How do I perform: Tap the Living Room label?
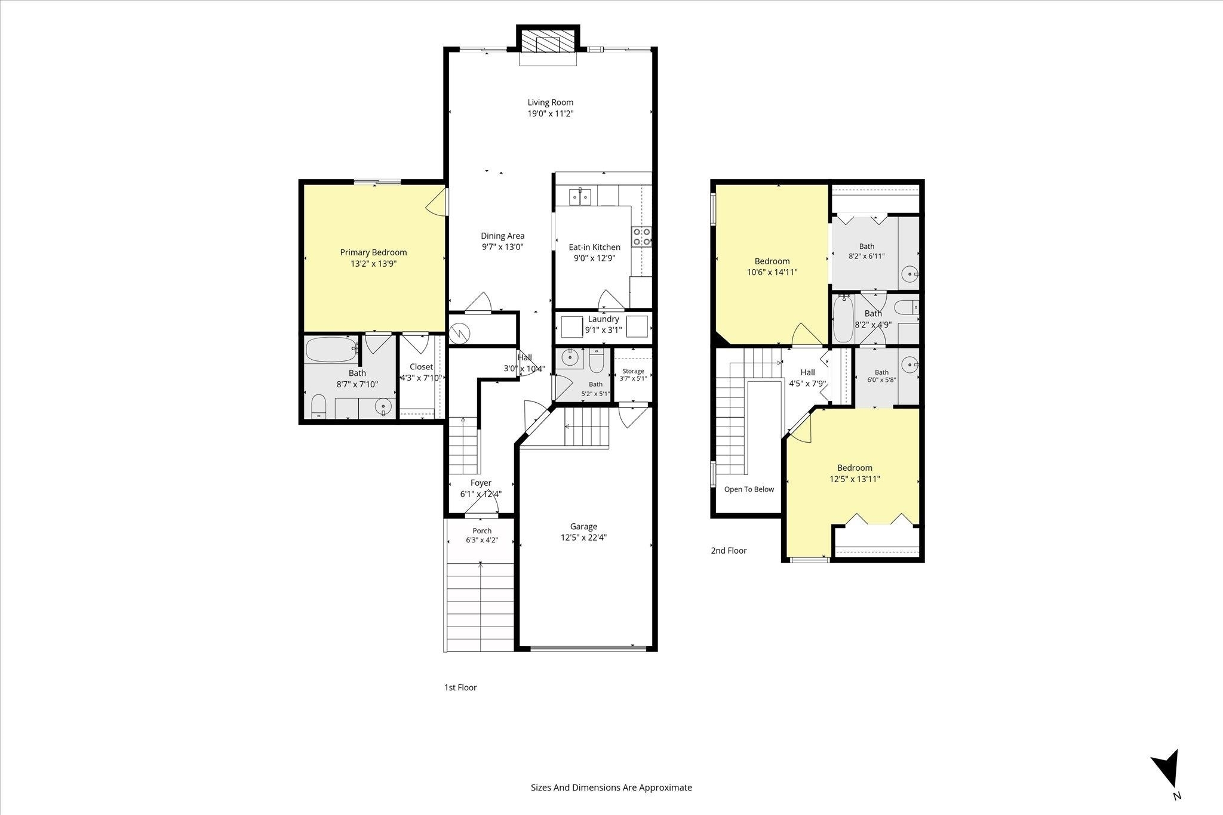550,102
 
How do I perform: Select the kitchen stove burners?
642,237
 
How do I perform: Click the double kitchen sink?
580,196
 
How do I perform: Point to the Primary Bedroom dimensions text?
374,264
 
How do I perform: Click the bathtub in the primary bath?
331,350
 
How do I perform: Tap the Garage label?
583,526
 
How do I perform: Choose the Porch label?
482,530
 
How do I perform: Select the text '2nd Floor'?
729,551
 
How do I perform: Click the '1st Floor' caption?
460,687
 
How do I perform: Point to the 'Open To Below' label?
749,489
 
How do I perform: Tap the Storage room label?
633,371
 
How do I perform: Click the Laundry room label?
604,319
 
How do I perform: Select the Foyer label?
481,483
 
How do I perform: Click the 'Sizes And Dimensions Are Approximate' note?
611,788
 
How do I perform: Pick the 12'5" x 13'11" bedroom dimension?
855,479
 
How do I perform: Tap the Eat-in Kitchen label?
594,247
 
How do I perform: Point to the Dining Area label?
503,236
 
